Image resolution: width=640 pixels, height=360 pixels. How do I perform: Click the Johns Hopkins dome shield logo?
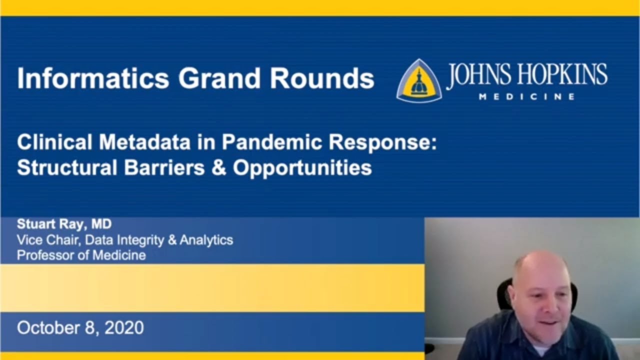click(x=418, y=81)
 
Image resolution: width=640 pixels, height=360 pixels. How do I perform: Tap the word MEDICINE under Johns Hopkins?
click(x=526, y=97)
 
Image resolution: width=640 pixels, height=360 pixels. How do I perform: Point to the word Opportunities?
click(x=302, y=168)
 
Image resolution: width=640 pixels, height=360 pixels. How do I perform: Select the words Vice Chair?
click(x=47, y=239)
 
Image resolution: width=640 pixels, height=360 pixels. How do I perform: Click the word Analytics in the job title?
click(x=206, y=239)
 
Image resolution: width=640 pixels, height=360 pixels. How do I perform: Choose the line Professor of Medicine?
click(x=81, y=255)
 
